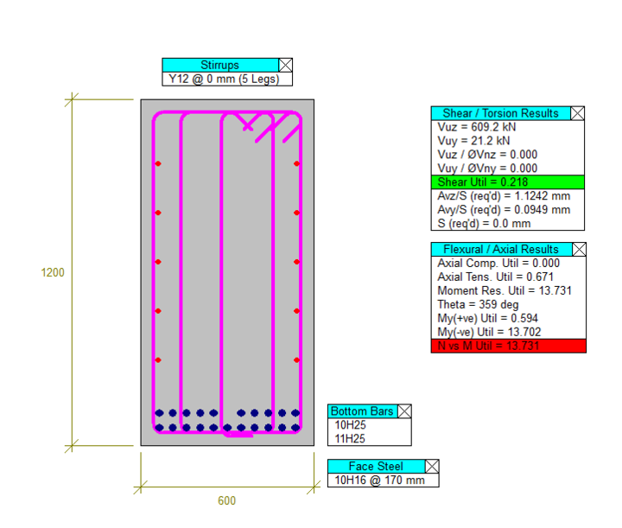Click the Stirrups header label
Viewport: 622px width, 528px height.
[x=219, y=65]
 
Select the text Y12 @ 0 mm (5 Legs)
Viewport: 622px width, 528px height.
[x=226, y=80]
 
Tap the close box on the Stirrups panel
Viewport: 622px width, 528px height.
[x=285, y=65]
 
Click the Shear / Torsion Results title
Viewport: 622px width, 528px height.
[x=500, y=113]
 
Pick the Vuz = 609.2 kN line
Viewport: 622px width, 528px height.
[x=475, y=127]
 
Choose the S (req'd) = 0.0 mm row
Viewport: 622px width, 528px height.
[x=484, y=224]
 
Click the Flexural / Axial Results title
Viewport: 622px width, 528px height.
[x=500, y=250]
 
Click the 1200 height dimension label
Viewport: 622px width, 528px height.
[x=53, y=272]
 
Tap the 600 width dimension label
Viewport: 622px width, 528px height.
[x=226, y=500]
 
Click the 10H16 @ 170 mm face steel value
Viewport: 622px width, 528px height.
[x=379, y=480]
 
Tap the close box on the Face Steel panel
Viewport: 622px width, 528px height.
[x=432, y=467]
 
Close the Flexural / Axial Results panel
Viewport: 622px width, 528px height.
[x=578, y=250]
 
